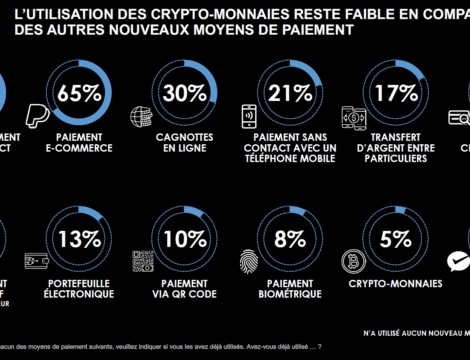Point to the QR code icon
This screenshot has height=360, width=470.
point(142,262)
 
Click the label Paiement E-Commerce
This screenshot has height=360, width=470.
point(84,143)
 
